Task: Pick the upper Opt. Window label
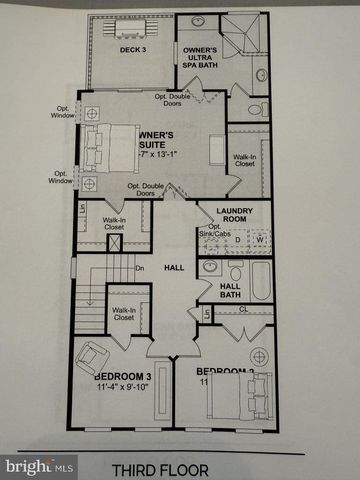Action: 62,113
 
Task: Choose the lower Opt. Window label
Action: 62,176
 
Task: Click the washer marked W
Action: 259,240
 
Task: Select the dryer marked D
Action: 237,240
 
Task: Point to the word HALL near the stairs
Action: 175,267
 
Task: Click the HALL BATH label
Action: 235,291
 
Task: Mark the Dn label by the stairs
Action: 140,268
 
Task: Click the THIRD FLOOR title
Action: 180,466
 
